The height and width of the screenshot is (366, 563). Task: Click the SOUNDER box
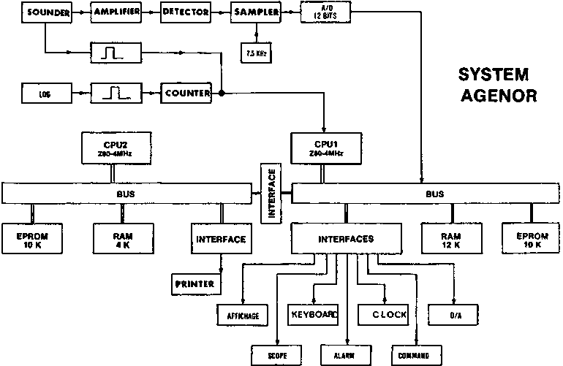click(44, 12)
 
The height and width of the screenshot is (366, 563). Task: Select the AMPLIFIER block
click(116, 12)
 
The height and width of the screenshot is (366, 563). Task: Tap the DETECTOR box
click(185, 12)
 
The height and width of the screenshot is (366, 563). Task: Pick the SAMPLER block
click(255, 12)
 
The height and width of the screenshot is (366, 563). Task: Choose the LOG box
click(45, 94)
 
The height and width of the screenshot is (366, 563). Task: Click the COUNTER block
click(186, 94)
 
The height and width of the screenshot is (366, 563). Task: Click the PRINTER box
click(195, 282)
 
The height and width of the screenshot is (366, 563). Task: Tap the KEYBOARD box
click(313, 315)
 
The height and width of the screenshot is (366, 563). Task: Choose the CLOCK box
click(382, 315)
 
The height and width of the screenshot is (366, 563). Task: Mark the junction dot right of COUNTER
click(221, 94)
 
